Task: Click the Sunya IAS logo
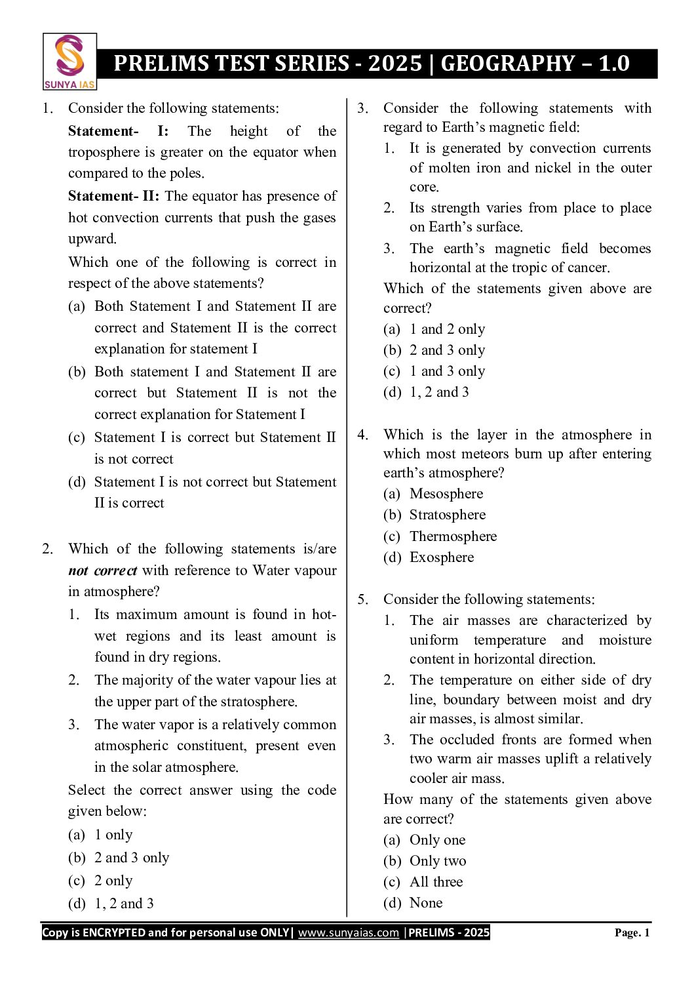pos(69,62)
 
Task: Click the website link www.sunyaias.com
pos(348,932)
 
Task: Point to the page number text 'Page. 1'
pos(632,932)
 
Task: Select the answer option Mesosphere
pos(446,494)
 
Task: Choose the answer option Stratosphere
pos(447,515)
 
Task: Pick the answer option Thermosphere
pos(453,536)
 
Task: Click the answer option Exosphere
pos(441,557)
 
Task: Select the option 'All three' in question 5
pos(436,882)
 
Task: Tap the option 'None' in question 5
pos(426,903)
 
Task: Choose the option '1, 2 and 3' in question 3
pos(439,392)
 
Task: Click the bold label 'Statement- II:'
pos(115,196)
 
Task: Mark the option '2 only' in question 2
pos(113,881)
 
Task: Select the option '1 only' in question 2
pos(113,835)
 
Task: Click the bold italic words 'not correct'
pos(103,571)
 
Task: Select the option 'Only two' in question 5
pos(437,861)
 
